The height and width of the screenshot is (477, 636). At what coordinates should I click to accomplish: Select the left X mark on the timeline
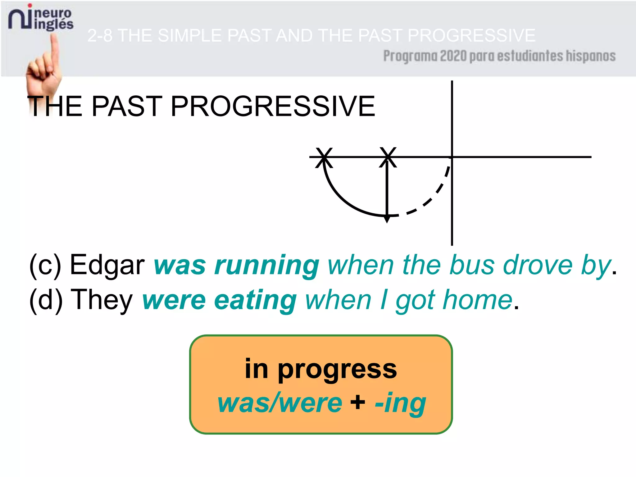point(324,157)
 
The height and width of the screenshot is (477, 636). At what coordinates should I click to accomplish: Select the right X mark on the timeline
point(388,157)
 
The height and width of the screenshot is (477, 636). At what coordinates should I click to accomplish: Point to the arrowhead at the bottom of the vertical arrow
point(387,219)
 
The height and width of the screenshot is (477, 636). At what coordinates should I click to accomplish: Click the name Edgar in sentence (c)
point(107,265)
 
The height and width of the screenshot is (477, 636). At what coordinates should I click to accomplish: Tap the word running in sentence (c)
point(266,266)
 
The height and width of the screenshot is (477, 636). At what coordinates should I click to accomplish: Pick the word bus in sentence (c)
point(472,265)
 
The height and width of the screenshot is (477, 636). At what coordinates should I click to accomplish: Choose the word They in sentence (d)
point(102,300)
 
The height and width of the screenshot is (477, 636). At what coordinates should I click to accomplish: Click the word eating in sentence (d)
point(255,301)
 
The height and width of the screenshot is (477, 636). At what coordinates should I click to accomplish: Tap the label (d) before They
point(46,300)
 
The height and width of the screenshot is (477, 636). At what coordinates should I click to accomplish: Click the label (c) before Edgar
point(46,265)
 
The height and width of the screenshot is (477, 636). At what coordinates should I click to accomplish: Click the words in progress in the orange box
point(320,369)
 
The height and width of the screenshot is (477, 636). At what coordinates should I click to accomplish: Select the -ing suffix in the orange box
point(400,403)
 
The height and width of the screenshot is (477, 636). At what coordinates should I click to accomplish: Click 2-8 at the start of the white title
point(100,35)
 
